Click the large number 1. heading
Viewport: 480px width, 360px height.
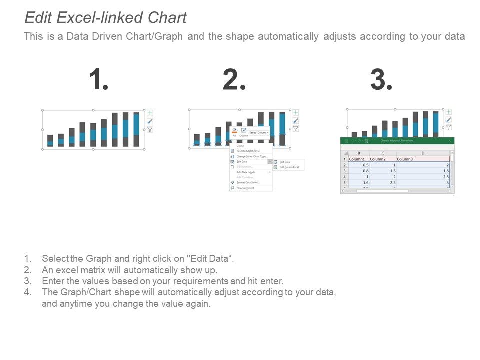[x=98, y=80]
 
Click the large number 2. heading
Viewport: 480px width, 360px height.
[x=234, y=80]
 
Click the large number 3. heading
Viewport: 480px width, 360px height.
[x=381, y=80]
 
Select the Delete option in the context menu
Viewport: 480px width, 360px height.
[x=240, y=146]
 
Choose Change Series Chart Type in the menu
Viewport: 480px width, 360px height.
[x=252, y=156]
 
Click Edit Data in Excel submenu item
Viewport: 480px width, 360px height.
[x=289, y=167]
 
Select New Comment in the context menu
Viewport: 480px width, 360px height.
[x=245, y=188]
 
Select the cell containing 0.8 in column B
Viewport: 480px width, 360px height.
[x=359, y=171]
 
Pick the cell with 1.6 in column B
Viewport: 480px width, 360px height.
[x=359, y=182]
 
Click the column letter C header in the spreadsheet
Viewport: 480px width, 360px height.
[x=383, y=153]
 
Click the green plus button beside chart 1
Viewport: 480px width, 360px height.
[x=150, y=113]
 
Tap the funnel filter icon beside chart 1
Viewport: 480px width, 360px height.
[x=150, y=129]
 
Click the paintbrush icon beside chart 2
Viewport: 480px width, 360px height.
[x=295, y=120]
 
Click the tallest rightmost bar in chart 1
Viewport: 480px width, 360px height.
[x=136, y=130]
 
